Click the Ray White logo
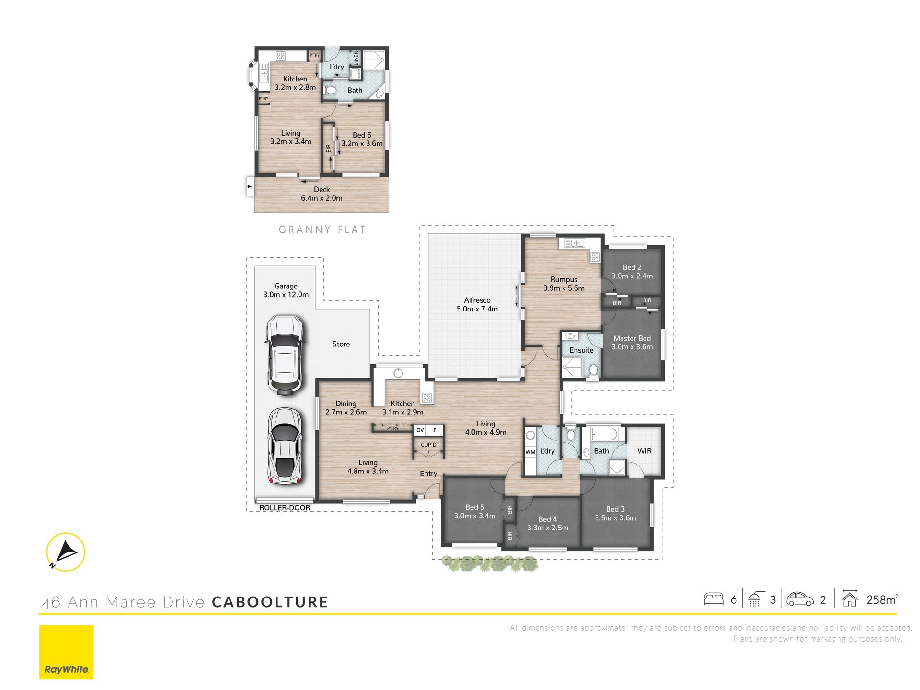[66, 652]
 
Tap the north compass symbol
[66, 552]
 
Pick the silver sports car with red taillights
[285, 446]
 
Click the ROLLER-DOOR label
[285, 508]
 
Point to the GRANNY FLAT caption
[322, 230]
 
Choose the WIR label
[644, 451]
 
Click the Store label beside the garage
[341, 344]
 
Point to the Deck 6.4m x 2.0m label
[322, 194]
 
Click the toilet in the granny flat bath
[331, 90]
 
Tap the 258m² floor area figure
[882, 599]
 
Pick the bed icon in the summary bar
[713, 599]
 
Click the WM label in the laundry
[530, 452]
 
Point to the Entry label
[428, 474]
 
